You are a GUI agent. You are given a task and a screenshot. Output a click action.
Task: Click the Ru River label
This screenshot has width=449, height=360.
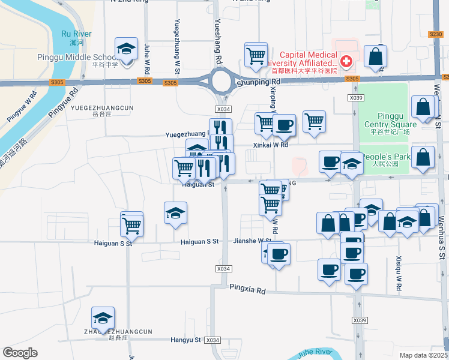(x=76, y=34)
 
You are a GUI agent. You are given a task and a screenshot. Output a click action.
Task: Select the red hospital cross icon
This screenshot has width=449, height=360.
(x=346, y=61)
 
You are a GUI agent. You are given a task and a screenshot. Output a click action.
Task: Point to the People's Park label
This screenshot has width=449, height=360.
(x=393, y=157)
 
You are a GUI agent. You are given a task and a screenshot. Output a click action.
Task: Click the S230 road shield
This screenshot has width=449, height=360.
(x=436, y=35)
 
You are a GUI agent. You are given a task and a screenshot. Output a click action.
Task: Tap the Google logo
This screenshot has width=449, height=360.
(x=20, y=353)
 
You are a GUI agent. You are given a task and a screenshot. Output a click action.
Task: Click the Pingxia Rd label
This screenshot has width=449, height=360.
(x=247, y=289)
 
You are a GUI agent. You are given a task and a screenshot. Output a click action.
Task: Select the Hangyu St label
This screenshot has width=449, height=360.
(x=185, y=340)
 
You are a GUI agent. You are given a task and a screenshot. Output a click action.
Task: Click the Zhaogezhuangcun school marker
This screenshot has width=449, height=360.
(x=103, y=318)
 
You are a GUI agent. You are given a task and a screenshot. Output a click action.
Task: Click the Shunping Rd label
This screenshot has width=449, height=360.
(x=258, y=82)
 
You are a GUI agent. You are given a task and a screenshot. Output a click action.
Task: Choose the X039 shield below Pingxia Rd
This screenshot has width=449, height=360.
(x=360, y=320)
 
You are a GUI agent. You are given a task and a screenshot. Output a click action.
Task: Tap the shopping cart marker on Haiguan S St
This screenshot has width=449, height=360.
(x=131, y=226)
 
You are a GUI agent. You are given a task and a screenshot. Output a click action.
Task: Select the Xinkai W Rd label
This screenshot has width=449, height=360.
(x=271, y=145)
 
